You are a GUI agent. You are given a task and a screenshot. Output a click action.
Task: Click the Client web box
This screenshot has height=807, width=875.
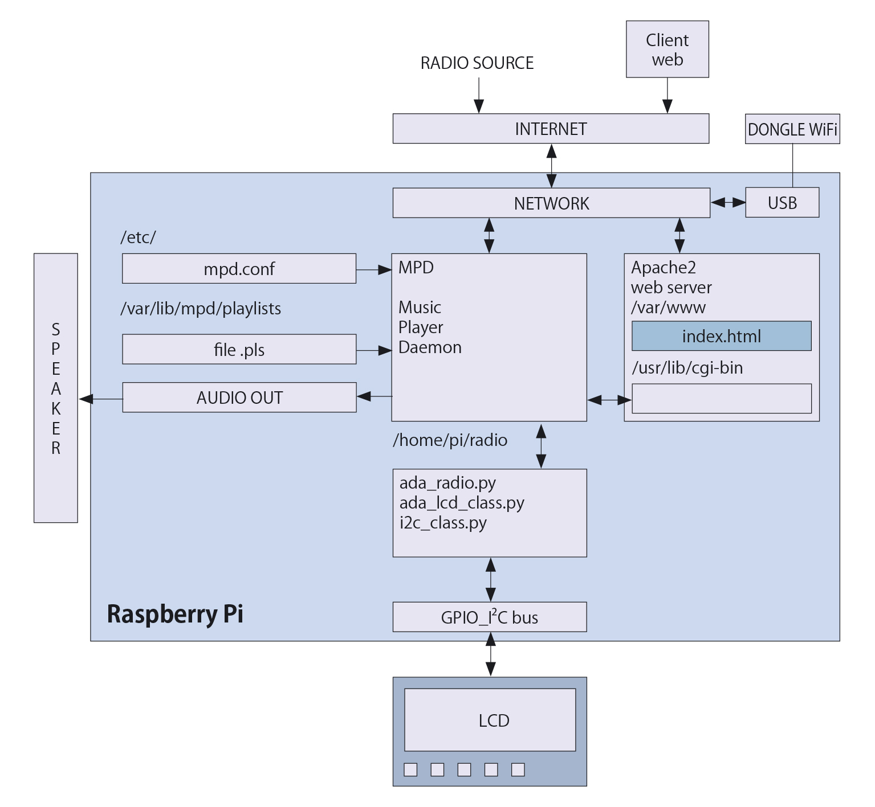tap(667, 50)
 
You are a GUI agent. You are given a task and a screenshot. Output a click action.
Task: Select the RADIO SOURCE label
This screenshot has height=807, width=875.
tap(477, 63)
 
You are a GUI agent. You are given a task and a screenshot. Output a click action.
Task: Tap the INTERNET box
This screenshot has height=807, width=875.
tap(551, 129)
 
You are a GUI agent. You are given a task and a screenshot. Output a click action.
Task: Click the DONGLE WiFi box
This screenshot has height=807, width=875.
tap(792, 129)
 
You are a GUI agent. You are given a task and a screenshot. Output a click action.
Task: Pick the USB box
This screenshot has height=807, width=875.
tap(782, 203)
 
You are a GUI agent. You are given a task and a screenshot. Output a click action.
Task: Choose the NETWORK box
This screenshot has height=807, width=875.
tap(551, 203)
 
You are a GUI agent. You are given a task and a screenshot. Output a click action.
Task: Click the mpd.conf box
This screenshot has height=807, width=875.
tap(239, 269)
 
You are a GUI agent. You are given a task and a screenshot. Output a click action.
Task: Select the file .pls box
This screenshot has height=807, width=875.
tap(239, 350)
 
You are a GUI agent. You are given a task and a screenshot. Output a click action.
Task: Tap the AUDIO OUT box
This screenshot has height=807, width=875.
tap(239, 398)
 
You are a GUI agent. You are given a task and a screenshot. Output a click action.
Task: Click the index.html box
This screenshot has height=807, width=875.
tap(721, 336)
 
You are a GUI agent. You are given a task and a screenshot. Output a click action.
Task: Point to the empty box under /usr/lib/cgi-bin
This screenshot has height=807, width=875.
tap(721, 399)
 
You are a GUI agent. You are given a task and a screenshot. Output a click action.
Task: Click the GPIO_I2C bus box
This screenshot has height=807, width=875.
tap(489, 617)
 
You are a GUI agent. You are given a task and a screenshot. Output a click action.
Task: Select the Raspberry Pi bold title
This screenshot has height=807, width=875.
tap(175, 614)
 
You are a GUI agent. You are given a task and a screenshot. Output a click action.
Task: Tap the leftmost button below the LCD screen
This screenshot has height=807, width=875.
tap(410, 770)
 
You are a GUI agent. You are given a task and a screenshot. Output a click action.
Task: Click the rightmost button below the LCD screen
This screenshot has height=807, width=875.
tap(518, 770)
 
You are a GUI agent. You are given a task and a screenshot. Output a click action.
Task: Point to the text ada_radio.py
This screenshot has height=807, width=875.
tap(447, 483)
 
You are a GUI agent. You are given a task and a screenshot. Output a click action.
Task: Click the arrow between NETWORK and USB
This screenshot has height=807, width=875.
tap(728, 202)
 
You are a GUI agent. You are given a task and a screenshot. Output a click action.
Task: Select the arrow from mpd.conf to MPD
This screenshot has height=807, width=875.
tap(374, 269)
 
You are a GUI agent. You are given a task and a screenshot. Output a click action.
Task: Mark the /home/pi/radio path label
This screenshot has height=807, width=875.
tap(450, 440)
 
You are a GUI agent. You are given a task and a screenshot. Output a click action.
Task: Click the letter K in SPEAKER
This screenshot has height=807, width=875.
tap(56, 409)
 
